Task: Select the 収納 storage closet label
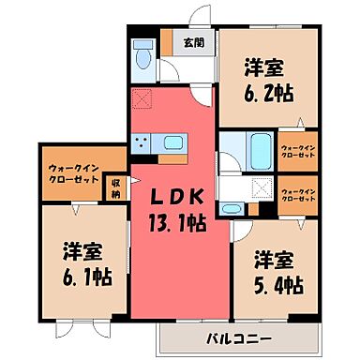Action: [115, 187]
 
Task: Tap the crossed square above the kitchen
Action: [142, 97]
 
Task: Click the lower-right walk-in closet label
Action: [298, 195]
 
